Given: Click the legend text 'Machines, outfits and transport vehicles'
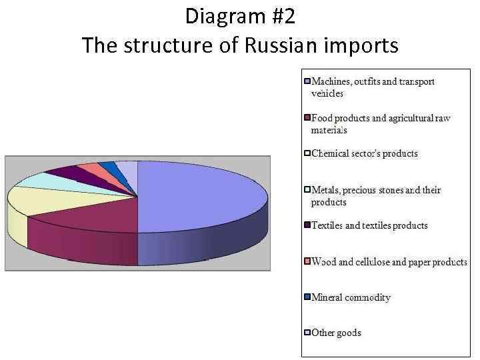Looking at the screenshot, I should click(373, 87).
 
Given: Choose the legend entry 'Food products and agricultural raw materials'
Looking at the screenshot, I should click(381, 124).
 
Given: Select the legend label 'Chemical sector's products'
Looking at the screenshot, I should click(365, 153).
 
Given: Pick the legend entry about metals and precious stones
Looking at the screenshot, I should click(376, 196).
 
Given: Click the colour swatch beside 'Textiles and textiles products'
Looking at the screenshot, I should click(307, 226).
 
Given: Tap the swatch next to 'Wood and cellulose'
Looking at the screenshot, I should click(307, 262).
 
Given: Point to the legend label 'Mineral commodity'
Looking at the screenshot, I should click(351, 297).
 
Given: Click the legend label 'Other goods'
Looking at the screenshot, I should click(336, 333).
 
